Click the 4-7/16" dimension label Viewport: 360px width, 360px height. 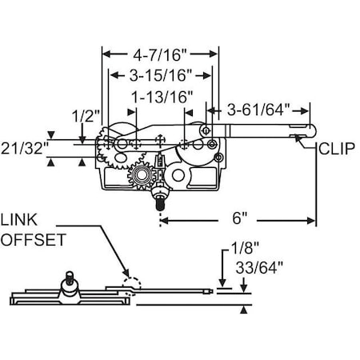click(x=159, y=55)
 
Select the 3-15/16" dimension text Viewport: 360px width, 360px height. click(x=161, y=75)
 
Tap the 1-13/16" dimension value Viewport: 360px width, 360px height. click(x=162, y=97)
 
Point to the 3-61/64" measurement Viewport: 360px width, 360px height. click(x=258, y=110)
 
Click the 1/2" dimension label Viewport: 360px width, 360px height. click(x=86, y=116)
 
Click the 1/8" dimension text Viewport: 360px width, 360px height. click(x=245, y=248)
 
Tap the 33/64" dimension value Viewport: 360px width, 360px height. click(x=259, y=267)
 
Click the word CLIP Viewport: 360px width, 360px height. click(x=337, y=149)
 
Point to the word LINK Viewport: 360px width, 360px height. click(x=18, y=220)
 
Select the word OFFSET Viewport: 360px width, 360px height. click(x=34, y=239)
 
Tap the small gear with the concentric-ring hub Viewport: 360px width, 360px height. click(x=141, y=176)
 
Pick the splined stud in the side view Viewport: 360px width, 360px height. click(x=70, y=278)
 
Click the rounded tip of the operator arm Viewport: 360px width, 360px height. click(x=314, y=131)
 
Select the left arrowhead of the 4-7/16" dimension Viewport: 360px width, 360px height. click(x=106, y=54)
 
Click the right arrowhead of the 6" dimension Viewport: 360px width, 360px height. click(x=311, y=221)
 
